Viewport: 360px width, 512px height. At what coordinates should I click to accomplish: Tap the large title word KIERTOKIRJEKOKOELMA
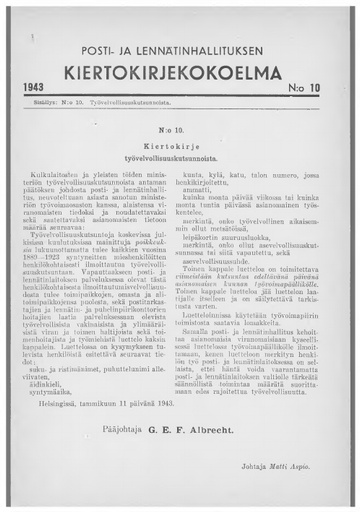pos(181,71)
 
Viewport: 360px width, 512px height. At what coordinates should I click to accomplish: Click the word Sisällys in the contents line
pos(45,102)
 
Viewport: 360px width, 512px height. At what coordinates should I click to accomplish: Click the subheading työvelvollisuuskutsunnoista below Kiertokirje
pos(180,156)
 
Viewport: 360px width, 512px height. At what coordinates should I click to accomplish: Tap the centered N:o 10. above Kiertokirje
pos(180,130)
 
